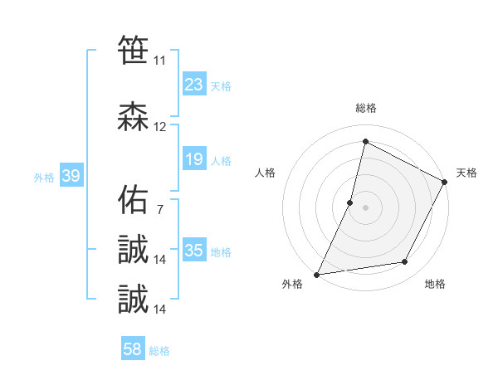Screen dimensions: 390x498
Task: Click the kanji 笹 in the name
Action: [x=133, y=50]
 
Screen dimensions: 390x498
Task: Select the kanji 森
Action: [x=133, y=116]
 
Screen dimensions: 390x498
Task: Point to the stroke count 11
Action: [x=159, y=61]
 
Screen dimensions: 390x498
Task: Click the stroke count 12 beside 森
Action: [x=160, y=127]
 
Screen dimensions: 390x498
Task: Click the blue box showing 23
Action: [x=194, y=85]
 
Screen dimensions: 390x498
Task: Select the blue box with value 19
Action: [x=194, y=160]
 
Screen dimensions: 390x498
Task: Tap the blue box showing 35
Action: [x=194, y=251]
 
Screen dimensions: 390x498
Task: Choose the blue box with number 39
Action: [x=71, y=177]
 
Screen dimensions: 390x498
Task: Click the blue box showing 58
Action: [x=133, y=350]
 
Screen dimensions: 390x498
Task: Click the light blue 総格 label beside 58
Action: [x=159, y=351]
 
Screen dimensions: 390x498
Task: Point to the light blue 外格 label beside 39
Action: [x=44, y=178]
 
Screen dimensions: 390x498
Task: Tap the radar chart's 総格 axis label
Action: [x=365, y=108]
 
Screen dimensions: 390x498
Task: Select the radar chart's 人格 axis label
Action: [x=266, y=173]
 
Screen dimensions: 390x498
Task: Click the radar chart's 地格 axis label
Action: [x=435, y=284]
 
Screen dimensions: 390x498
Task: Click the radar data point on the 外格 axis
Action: [x=316, y=275]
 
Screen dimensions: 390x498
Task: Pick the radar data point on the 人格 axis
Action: [x=350, y=202]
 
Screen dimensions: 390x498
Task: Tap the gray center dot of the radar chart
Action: [x=365, y=207]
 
